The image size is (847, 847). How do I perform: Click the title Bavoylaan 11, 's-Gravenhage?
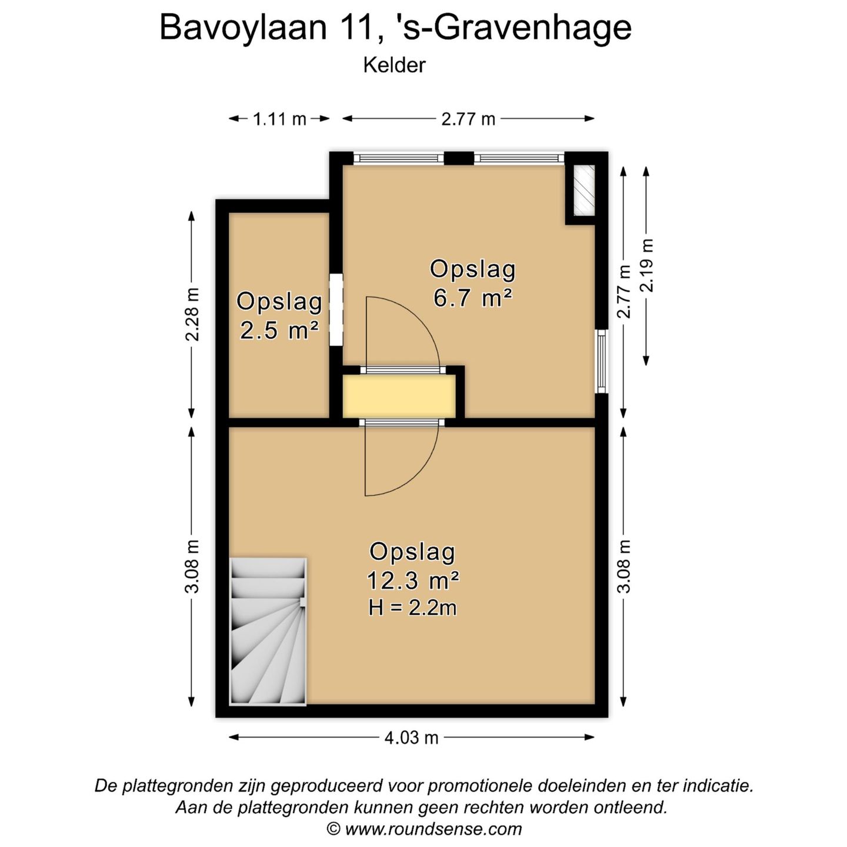point(395,27)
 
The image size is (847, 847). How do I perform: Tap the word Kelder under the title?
point(394,65)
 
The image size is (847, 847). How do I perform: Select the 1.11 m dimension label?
point(279,119)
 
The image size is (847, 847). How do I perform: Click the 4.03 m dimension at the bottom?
point(412,738)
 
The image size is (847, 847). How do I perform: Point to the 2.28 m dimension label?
point(192,314)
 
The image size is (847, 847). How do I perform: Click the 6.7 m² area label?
point(472,298)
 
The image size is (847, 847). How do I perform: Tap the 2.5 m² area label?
point(279,330)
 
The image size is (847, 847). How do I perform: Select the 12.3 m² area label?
point(412,581)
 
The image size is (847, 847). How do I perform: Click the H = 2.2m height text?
point(412,608)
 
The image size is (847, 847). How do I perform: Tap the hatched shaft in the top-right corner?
point(584,190)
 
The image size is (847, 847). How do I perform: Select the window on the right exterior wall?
point(601,361)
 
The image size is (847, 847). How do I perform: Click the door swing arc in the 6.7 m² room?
point(412,329)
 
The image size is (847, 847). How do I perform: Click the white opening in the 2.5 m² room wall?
point(336,309)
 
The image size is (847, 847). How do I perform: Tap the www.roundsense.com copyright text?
point(424,829)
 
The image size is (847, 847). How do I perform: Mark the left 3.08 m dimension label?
point(192,566)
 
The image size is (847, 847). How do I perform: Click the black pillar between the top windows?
point(459,158)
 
